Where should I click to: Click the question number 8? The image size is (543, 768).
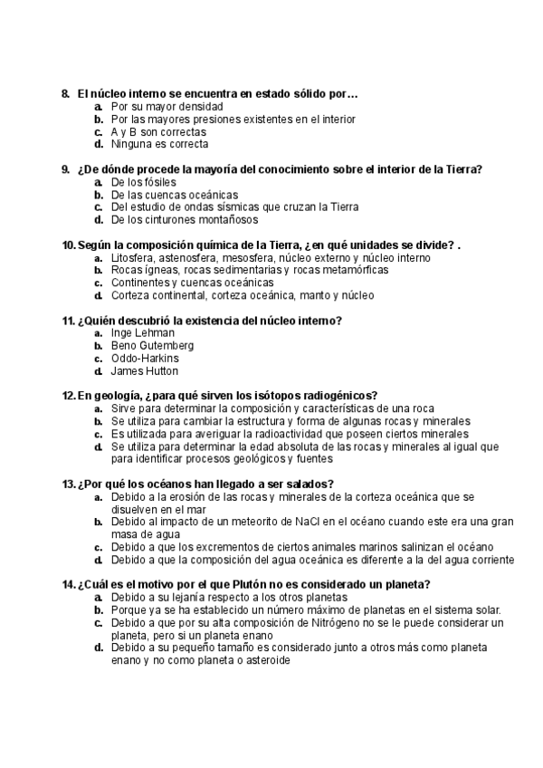65,93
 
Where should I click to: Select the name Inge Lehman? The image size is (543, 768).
143,333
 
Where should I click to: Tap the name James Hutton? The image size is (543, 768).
144,371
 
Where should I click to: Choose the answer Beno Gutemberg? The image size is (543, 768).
152,346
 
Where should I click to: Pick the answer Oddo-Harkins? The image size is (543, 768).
145,359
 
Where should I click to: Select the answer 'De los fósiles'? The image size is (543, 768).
148,182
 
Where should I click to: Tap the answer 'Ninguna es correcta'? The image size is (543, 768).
159,144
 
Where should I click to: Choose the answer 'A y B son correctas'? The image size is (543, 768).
158,131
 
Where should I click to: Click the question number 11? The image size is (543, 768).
68,321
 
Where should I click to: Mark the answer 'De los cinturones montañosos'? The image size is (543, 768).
185,220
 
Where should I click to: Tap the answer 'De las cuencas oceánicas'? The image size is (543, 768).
175,195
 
